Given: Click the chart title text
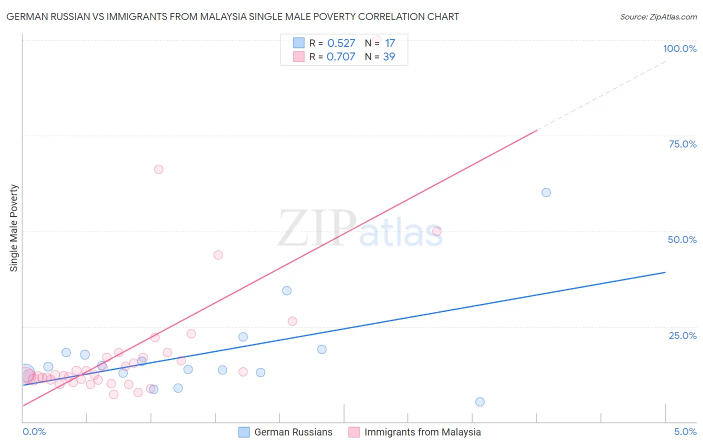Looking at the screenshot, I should [x=232, y=16].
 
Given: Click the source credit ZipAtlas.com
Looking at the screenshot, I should [x=658, y=16].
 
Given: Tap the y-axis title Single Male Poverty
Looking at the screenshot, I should [x=14, y=228].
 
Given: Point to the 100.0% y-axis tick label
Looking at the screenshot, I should [x=679, y=48].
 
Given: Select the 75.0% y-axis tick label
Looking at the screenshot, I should [x=682, y=144].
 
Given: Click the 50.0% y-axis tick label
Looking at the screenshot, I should [x=682, y=239].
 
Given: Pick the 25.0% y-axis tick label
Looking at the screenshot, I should [x=682, y=335].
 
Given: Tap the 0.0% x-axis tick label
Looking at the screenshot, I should [x=34, y=431].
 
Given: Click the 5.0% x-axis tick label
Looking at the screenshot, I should [x=685, y=431].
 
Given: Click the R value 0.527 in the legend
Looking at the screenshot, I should [x=341, y=43].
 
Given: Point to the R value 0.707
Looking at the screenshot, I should [x=341, y=56].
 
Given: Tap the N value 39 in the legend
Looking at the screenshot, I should [x=389, y=56].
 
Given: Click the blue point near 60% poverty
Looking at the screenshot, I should [x=546, y=192].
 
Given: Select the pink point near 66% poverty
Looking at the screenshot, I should [x=158, y=169].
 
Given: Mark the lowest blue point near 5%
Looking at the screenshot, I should [x=480, y=402].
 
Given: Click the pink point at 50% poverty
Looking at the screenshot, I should [x=436, y=231].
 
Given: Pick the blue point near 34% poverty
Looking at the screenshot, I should [x=286, y=290].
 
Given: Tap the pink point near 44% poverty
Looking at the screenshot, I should [x=218, y=255].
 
